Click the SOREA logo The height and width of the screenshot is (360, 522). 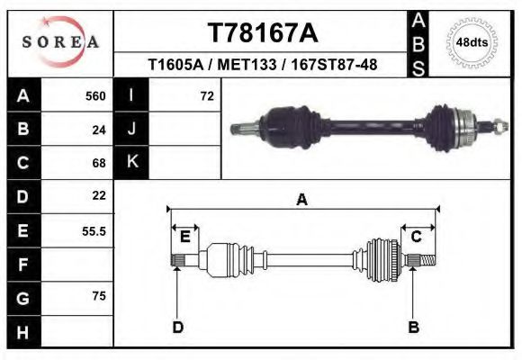pyautogui.click(x=60, y=42)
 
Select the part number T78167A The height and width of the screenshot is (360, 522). pyautogui.click(x=263, y=33)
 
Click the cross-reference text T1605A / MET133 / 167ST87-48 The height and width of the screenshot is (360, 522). pyautogui.click(x=263, y=65)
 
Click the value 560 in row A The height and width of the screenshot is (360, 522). pyautogui.click(x=95, y=96)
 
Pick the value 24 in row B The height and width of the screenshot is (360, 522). pyautogui.click(x=99, y=130)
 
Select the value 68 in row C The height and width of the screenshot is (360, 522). pyautogui.click(x=99, y=163)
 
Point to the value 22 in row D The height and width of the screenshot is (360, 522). pyautogui.click(x=99, y=195)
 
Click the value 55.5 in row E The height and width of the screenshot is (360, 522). pyautogui.click(x=94, y=230)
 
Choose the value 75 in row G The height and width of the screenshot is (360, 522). pyautogui.click(x=99, y=296)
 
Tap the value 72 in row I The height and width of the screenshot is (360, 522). pyautogui.click(x=206, y=96)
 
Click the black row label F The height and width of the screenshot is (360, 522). pyautogui.click(x=22, y=265)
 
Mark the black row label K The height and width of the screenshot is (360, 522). pyautogui.click(x=131, y=163)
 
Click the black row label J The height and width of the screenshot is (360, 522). pyautogui.click(x=131, y=130)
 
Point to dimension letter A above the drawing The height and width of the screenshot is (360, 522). pyautogui.click(x=301, y=200)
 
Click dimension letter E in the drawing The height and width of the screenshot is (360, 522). pyautogui.click(x=184, y=237)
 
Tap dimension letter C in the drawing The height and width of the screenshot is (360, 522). pyautogui.click(x=417, y=237)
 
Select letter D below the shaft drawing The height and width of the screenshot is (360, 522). pyautogui.click(x=177, y=327)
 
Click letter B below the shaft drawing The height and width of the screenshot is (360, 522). pyautogui.click(x=413, y=327)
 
